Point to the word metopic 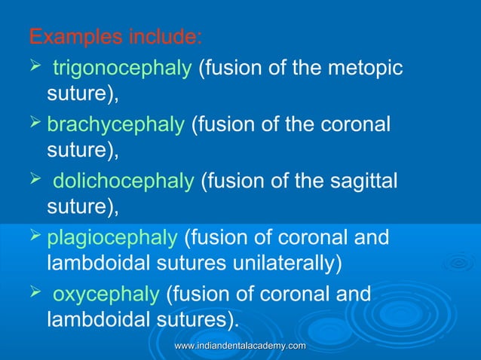point(371,70)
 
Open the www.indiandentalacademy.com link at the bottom point(240,345)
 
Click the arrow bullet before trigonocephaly point(33,69)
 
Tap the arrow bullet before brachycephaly point(33,124)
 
